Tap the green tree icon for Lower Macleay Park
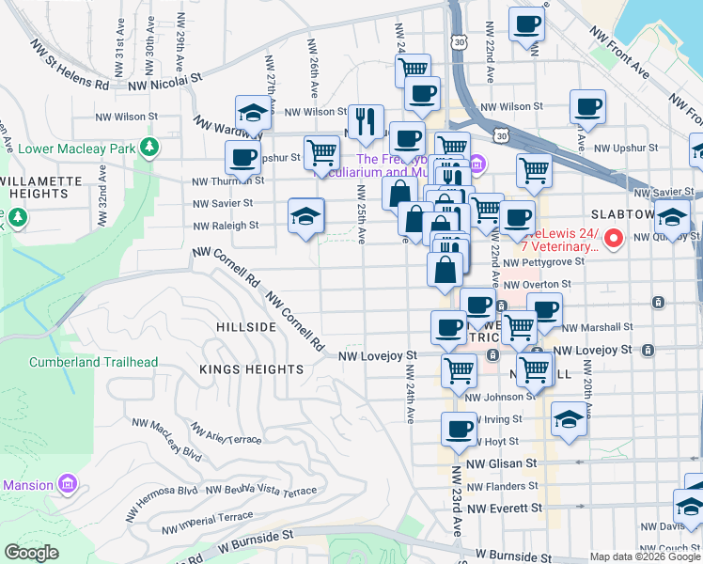[148, 148]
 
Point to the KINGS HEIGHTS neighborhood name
[251, 369]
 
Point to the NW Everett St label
[505, 509]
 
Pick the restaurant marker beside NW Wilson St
[366, 120]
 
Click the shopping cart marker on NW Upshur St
[321, 151]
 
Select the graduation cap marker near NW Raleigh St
[305, 215]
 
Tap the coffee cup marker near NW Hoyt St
[459, 428]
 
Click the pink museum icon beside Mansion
[67, 484]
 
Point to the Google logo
[32, 553]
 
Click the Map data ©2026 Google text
[644, 556]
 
